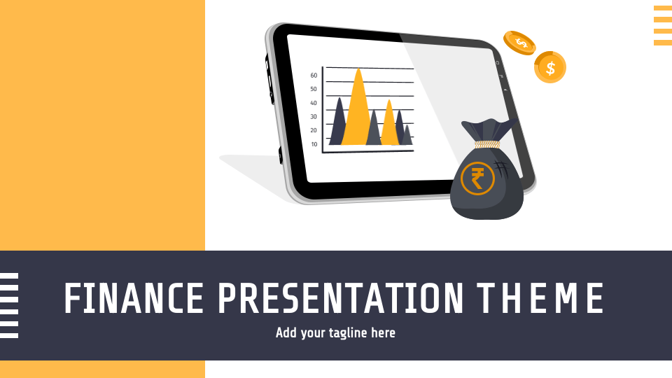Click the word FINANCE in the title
pos(134,298)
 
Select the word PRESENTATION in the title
pos(340,298)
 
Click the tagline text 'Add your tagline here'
pos(335,332)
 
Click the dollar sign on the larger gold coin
pos(550,68)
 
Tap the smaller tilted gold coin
pos(519,43)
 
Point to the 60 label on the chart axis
pos(314,76)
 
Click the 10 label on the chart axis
pos(314,144)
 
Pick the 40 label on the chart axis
pos(314,103)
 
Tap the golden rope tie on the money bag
pos(487,144)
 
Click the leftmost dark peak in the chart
pos(339,122)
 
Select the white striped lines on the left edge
pos(9,306)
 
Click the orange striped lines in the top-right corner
pos(662,26)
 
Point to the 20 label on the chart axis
pos(314,130)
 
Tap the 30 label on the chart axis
pos(314,117)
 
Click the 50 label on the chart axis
pos(314,89)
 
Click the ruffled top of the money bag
pos(488,130)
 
